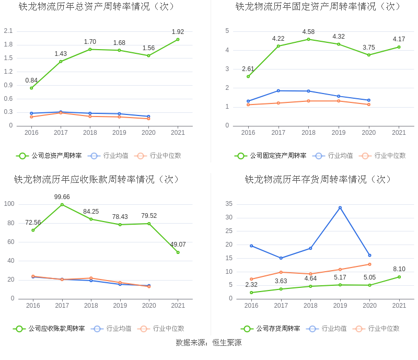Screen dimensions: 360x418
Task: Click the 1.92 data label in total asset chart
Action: coord(178,32)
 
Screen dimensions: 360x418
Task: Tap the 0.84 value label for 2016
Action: coord(31,80)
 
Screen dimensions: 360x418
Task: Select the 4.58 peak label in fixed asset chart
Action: coord(308,32)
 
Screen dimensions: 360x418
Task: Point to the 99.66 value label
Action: coord(62,197)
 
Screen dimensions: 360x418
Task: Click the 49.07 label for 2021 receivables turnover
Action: coord(178,245)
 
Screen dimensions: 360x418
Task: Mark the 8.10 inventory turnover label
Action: coord(399,269)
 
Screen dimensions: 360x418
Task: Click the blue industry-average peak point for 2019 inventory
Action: coord(340,207)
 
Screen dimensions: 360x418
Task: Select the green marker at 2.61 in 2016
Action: coord(248,76)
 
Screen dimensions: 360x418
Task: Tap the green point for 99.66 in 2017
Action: coord(62,204)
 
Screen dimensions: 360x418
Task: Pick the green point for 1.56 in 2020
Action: coord(148,55)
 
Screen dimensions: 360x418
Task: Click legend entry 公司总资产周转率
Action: coord(49,156)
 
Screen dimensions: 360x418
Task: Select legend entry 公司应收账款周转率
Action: coord(49,329)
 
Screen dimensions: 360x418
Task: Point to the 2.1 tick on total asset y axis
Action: coord(8,31)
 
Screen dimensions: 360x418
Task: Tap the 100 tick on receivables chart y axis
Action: coord(9,204)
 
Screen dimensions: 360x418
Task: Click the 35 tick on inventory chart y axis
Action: coord(228,204)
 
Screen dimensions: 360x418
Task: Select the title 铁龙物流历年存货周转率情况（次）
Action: coord(318,180)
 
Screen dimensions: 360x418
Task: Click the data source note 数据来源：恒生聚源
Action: coord(209,343)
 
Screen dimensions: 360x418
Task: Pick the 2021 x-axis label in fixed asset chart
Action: coord(399,133)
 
